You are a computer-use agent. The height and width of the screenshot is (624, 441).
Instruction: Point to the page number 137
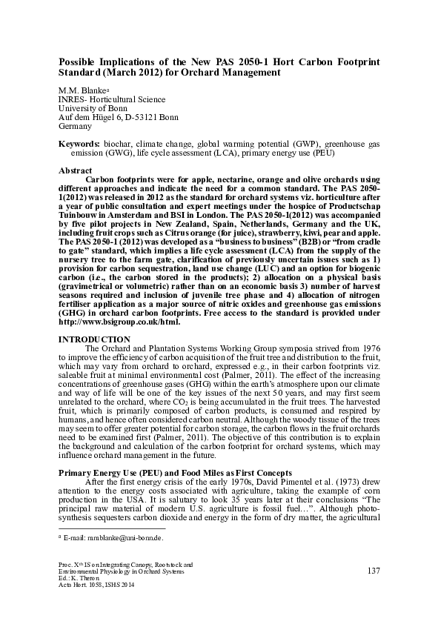(x=374, y=570)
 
